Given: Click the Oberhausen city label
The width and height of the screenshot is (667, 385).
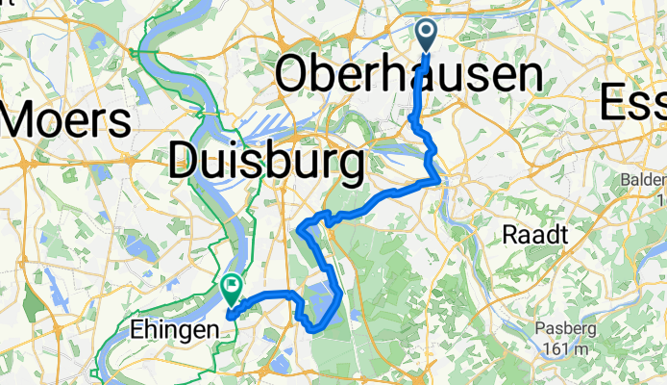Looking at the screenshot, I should pyautogui.click(x=408, y=76).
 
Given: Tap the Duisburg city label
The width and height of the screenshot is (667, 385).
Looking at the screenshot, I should pyautogui.click(x=266, y=158).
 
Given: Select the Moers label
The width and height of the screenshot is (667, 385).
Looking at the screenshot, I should pyautogui.click(x=66, y=120).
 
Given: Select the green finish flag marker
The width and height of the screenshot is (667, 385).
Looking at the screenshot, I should pyautogui.click(x=231, y=287).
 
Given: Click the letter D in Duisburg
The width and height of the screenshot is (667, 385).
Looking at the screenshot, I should pyautogui.click(x=185, y=158).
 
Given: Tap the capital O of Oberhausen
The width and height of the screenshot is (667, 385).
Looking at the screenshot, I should pyautogui.click(x=293, y=76).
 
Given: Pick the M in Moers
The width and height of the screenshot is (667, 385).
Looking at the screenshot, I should pyautogui.click(x=22, y=120).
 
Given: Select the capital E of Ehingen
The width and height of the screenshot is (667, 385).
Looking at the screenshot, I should pyautogui.click(x=135, y=330).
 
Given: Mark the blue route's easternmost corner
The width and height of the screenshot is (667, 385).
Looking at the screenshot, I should pyautogui.click(x=441, y=179).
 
